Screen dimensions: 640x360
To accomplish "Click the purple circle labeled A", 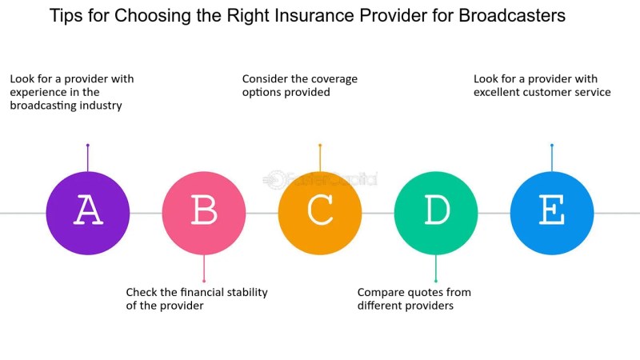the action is [88, 213].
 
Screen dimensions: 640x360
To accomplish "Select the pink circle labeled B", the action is [204, 213].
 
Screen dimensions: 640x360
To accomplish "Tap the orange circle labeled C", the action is [320, 213].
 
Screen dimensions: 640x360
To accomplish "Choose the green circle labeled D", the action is [436, 213].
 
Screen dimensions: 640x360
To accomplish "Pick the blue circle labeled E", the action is [552, 213].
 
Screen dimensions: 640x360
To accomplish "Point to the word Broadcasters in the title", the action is [512, 15].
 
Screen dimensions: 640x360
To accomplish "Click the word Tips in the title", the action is [65, 16].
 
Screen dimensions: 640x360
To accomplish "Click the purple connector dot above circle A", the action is [88, 145].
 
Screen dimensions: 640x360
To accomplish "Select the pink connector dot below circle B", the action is [204, 281].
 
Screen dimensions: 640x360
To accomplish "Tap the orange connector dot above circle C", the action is [320, 145].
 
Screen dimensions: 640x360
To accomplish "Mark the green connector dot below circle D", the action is [436, 281].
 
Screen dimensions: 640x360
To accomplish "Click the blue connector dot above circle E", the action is [552, 145].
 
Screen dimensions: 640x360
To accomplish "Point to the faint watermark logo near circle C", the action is [320, 179].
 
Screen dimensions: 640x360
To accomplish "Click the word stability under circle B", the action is [247, 293].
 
